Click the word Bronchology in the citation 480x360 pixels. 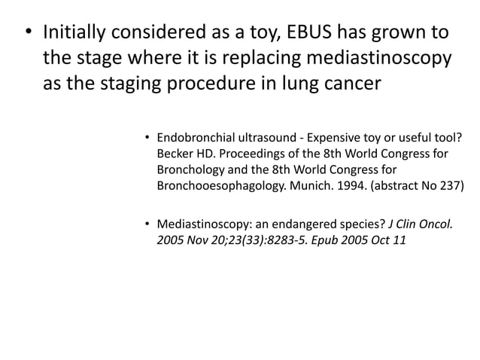click(193, 170)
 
